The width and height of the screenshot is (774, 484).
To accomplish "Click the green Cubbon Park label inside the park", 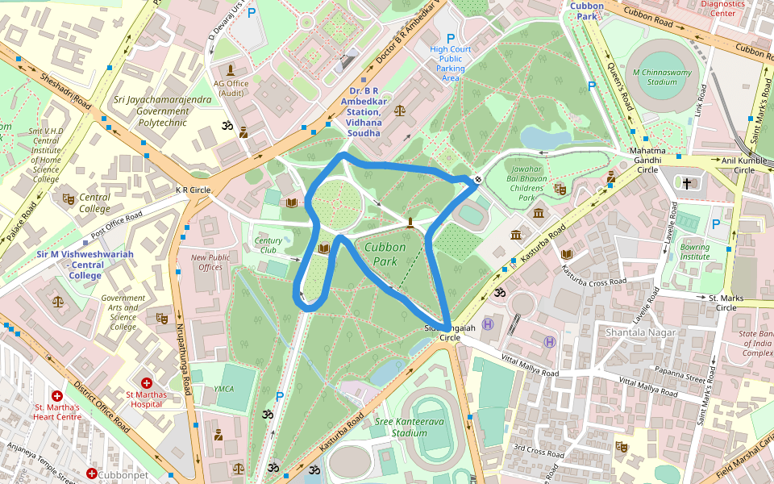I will click(385, 254).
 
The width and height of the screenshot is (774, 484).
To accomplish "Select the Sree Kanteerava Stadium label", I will click(397, 427).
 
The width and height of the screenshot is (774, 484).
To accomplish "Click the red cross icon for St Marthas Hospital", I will click(146, 382).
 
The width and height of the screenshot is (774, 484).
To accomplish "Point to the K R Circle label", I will click(193, 190).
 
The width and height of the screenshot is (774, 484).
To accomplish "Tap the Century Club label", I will click(268, 244).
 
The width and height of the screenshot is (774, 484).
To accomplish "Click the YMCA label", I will click(223, 389).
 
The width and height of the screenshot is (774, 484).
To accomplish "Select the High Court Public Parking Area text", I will click(450, 63).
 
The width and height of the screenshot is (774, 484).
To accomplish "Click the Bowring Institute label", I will click(694, 252).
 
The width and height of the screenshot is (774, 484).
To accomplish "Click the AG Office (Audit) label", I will click(231, 88).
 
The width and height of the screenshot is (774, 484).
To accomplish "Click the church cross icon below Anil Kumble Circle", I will click(687, 184).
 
